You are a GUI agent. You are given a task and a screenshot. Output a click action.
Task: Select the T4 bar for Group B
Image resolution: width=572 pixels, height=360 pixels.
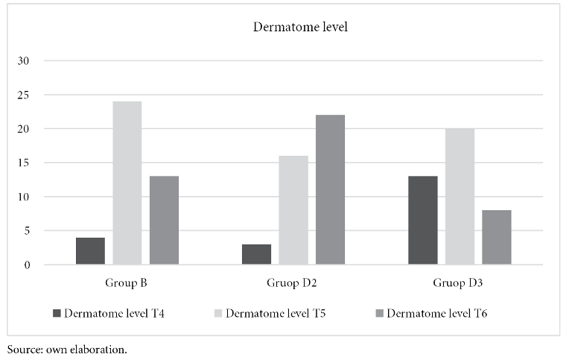pos(90,251)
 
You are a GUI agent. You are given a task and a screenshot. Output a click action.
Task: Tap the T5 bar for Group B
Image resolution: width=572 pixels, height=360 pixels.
pos(127,183)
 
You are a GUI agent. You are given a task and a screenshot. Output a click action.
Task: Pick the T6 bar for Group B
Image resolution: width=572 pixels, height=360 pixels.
pos(164,221)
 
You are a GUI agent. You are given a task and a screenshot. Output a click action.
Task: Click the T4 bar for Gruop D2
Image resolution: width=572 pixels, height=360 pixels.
pos(256,254)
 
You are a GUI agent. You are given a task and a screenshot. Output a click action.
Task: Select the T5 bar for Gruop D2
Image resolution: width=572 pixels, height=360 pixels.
pos(293,210)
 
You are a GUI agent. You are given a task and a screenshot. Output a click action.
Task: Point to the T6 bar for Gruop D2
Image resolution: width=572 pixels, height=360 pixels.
pos(330,190)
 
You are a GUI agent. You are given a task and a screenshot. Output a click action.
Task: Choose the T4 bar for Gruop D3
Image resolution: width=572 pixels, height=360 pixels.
pos(423,221)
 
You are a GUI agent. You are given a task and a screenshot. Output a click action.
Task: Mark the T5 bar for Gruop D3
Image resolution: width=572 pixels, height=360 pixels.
pos(460,197)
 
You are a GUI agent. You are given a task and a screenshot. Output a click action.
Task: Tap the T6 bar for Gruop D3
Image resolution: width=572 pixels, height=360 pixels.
pos(496,238)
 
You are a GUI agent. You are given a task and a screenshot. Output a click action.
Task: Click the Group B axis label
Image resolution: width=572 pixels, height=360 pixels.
pos(127,283)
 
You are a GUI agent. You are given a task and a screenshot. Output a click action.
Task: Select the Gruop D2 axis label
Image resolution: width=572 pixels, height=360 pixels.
pos(293,283)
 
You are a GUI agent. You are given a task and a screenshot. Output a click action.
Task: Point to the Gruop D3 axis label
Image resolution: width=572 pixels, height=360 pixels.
pos(460,283)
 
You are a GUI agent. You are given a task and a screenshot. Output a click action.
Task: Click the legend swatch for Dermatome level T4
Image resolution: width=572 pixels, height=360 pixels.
pos(57,313)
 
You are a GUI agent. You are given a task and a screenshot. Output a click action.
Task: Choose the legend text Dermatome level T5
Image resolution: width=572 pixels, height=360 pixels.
pos(276,313)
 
